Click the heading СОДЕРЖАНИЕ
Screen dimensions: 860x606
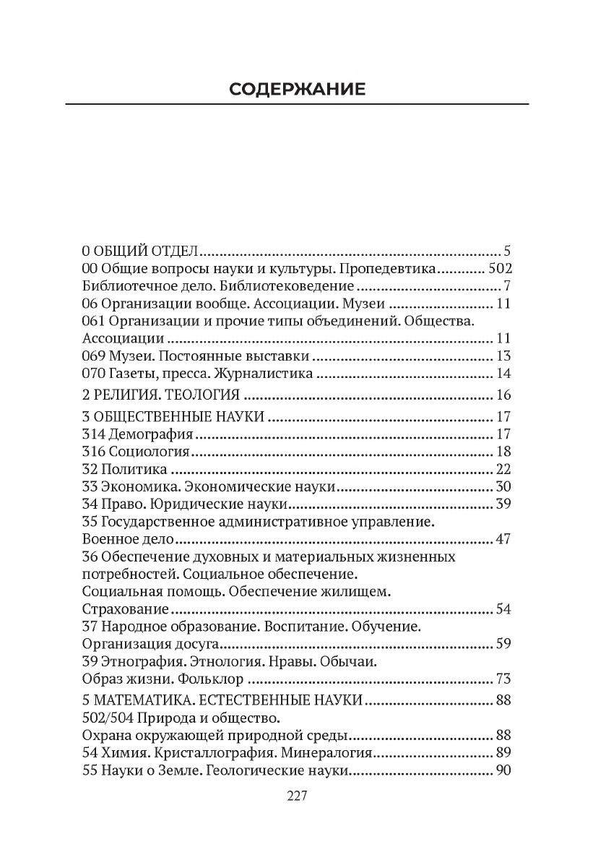pos(297,89)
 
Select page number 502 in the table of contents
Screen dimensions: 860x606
pos(499,269)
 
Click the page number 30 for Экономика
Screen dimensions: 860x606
pos(503,487)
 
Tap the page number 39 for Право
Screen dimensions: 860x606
pos(503,504)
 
